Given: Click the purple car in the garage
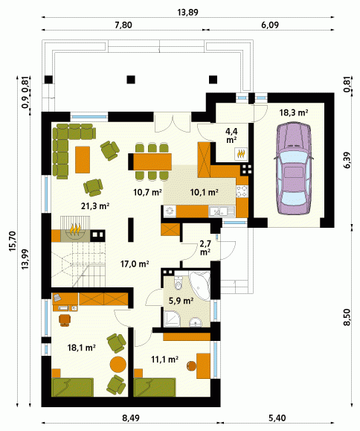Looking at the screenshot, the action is [293, 168].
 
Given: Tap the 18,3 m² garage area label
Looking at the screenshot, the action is [294, 112].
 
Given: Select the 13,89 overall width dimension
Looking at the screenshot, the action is [188, 13].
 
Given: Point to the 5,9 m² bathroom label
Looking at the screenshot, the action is [181, 301].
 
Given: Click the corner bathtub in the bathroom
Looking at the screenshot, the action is [201, 285].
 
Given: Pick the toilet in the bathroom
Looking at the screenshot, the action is [179, 283].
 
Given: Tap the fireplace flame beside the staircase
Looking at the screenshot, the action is [75, 229].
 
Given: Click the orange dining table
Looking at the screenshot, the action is [150, 162].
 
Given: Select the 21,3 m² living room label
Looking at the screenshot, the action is [95, 205].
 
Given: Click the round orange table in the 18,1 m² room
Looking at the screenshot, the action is [118, 364].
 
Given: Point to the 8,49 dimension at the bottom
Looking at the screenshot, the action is [131, 418].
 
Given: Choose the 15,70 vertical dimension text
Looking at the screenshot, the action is [13, 242].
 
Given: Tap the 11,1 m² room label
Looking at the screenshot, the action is [165, 360].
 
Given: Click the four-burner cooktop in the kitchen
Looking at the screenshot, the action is [242, 191].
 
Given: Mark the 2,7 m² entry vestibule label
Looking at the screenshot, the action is [205, 248].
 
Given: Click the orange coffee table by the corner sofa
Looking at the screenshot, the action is [83, 159].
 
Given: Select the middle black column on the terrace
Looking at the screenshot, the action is [131, 80].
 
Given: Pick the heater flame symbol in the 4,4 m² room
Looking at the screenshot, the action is [241, 153].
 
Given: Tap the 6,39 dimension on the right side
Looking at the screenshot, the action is [347, 160].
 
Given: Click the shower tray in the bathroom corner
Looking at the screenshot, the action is [172, 319].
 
